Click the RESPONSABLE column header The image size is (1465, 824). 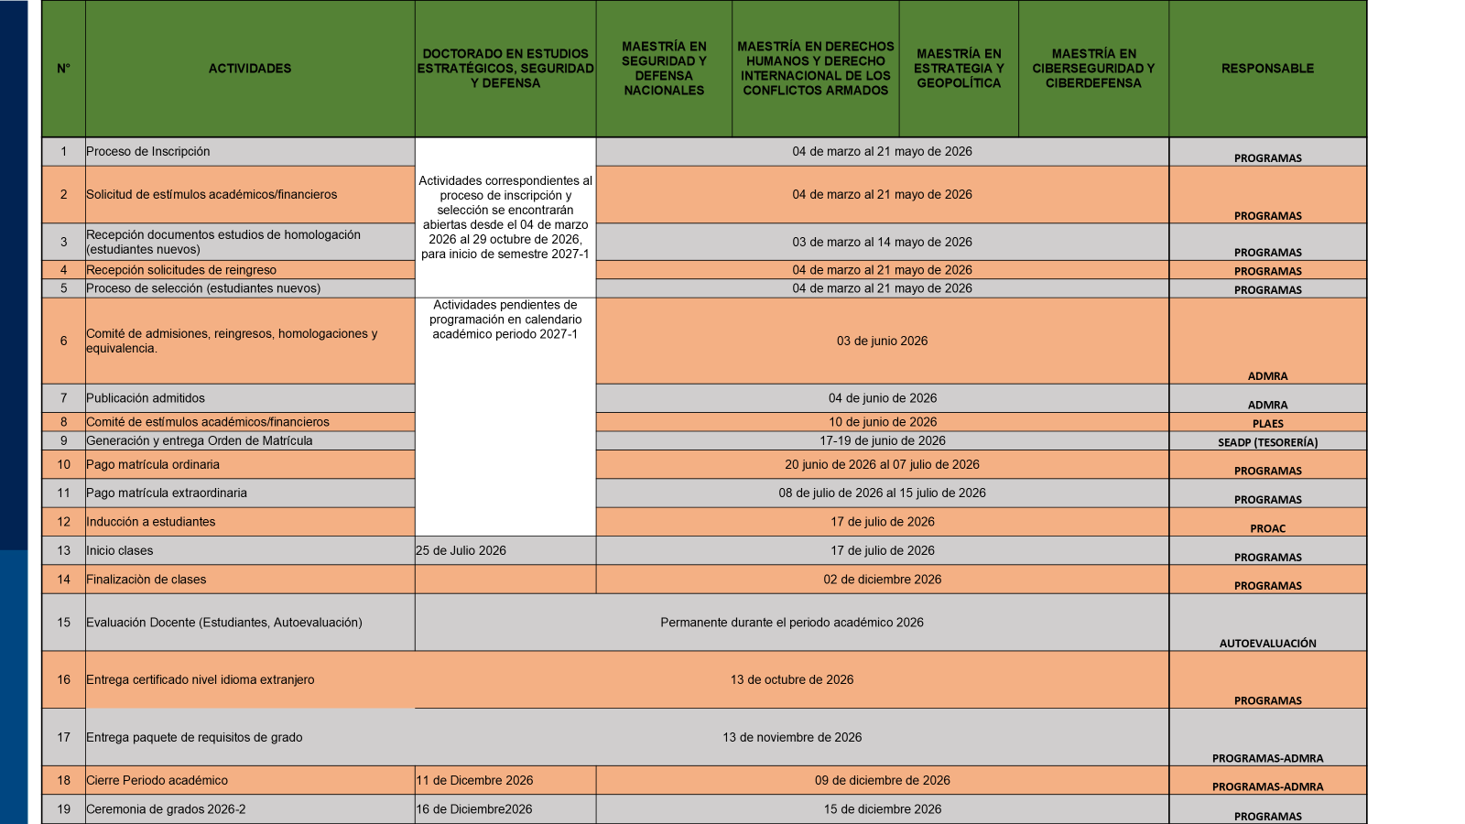pyautogui.click(x=1267, y=69)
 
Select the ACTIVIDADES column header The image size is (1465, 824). pyautogui.click(x=250, y=69)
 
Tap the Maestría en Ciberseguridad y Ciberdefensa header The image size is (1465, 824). pyautogui.click(x=1093, y=69)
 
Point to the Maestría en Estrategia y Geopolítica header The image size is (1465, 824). pyautogui.click(x=959, y=69)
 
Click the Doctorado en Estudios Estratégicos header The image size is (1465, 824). pyautogui.click(x=505, y=69)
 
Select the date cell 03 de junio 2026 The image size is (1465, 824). pyautogui.click(x=882, y=341)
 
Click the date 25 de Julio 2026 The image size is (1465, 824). pyautogui.click(x=461, y=550)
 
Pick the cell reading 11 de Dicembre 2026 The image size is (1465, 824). pyautogui.click(x=474, y=780)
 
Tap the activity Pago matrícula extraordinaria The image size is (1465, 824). pyautogui.click(x=167, y=493)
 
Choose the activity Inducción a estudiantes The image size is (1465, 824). pyautogui.click(x=151, y=522)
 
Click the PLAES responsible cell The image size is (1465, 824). pyautogui.click(x=1267, y=423)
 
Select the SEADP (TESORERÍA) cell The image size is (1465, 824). pyautogui.click(x=1267, y=442)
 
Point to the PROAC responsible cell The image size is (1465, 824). pyautogui.click(x=1267, y=528)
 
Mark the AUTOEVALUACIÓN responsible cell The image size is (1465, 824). pyautogui.click(x=1267, y=643)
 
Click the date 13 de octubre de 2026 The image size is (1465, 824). pyautogui.click(x=792, y=679)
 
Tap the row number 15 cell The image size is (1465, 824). pyautogui.click(x=63, y=623)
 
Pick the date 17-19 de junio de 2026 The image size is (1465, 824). pyautogui.click(x=882, y=440)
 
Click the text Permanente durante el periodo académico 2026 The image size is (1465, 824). pyautogui.click(x=792, y=623)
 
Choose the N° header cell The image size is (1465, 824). pyautogui.click(x=63, y=69)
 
